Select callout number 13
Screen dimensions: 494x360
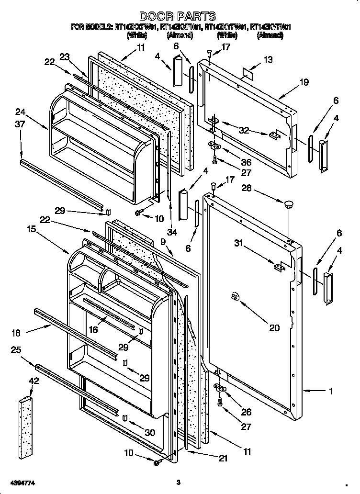point(268,60)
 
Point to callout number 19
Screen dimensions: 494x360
point(304,82)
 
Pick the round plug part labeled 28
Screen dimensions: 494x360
point(288,204)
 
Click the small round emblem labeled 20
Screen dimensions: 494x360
point(235,297)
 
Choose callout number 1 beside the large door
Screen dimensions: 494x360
point(330,391)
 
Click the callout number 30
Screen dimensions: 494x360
point(150,432)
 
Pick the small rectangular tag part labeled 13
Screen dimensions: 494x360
point(248,73)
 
